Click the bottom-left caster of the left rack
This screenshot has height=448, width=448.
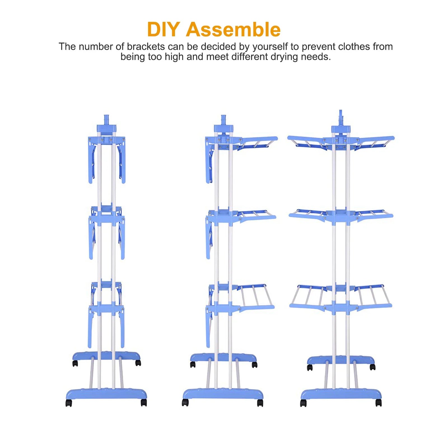69,403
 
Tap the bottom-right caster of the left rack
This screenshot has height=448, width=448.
144,403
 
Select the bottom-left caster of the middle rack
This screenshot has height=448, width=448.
185,403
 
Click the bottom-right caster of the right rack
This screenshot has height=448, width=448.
378,403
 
